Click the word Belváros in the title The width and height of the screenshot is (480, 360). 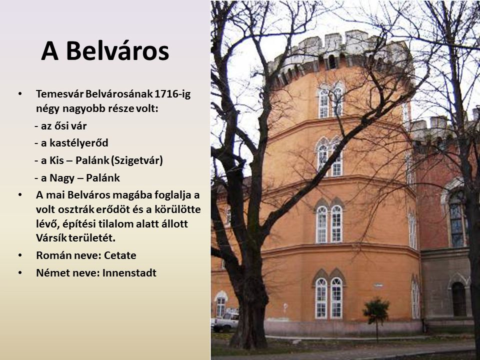click(x=117, y=51)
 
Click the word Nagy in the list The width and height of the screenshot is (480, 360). click(x=61, y=178)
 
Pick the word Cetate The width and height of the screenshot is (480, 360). click(x=120, y=255)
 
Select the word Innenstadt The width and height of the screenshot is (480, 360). click(x=129, y=273)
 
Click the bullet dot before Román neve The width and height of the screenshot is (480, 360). click(x=20, y=255)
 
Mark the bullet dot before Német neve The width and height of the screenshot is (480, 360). click(x=20, y=272)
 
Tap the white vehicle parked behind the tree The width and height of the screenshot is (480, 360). click(x=225, y=321)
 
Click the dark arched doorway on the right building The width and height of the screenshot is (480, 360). click(x=459, y=299)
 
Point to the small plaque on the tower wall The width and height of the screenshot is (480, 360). click(x=378, y=285)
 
